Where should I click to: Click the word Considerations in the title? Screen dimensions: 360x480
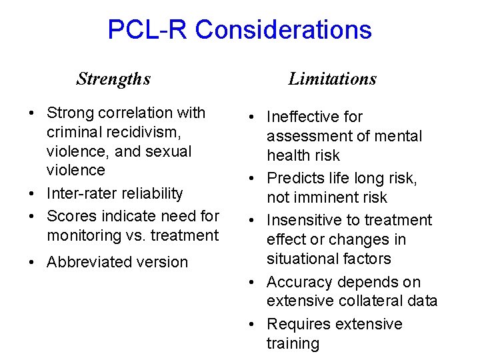click(283, 30)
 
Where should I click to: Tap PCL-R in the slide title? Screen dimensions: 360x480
click(148, 30)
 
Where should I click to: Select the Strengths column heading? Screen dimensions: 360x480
click(113, 79)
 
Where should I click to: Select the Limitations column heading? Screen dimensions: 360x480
click(332, 79)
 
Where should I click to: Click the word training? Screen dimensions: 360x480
click(293, 344)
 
